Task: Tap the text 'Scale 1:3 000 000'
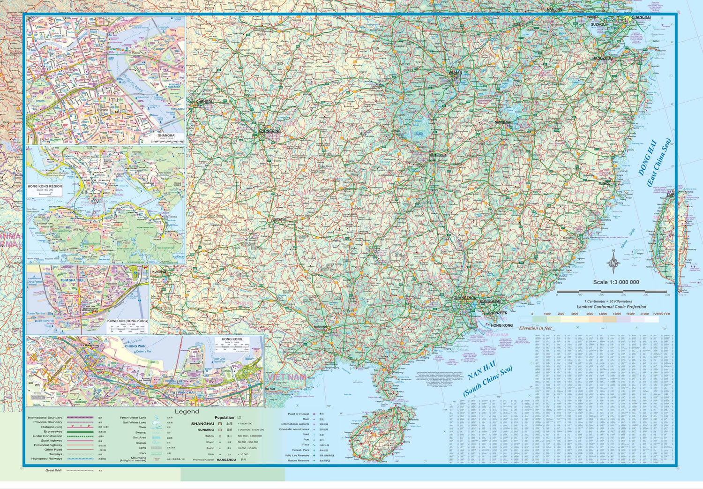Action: click(616, 282)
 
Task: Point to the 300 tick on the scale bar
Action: click(623, 294)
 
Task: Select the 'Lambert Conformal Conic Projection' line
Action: click(611, 307)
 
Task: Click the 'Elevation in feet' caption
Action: click(535, 328)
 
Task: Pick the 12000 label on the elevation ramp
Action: click(603, 314)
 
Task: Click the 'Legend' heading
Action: click(187, 412)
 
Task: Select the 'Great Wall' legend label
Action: click(53, 470)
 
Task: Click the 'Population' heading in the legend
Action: click(224, 417)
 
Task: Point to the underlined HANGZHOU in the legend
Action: click(226, 460)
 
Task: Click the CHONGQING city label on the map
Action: click(269, 131)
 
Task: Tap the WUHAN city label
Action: click(455, 73)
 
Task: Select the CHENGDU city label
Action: click(205, 102)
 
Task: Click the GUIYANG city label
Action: click(280, 219)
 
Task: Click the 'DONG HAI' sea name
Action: click(648, 158)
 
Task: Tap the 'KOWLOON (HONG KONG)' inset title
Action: click(127, 321)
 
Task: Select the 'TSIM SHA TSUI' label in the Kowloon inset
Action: click(72, 280)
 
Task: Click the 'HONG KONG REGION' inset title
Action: click(45, 186)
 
